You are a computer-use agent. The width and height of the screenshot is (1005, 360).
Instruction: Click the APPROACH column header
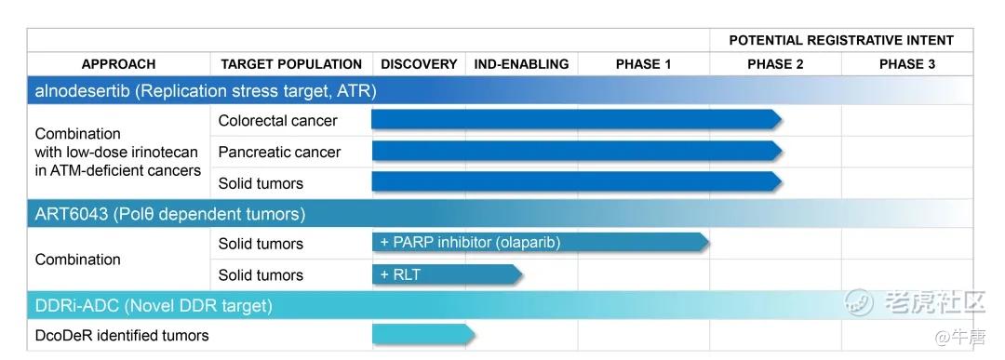point(118,64)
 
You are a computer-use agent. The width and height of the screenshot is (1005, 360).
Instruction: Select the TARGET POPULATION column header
point(291,64)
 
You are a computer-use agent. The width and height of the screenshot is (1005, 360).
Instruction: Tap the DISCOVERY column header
point(419,64)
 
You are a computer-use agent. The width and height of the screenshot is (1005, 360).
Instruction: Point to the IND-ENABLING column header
point(521,64)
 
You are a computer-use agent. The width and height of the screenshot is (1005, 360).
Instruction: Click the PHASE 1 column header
point(644,64)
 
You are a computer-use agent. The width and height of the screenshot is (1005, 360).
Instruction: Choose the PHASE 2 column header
point(775,64)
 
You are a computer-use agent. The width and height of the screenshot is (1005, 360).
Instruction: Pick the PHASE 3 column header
point(907,64)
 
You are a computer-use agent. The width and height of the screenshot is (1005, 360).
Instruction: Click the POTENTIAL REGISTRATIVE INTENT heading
point(841,40)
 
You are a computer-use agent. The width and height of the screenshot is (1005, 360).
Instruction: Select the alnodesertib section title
point(205,91)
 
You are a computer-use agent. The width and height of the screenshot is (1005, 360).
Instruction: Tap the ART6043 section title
point(170,214)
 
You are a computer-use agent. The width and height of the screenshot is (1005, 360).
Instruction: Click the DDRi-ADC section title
point(154,305)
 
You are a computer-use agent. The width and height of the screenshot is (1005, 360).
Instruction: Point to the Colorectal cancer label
point(277,120)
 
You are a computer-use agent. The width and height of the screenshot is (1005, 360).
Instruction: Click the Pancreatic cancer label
point(279,152)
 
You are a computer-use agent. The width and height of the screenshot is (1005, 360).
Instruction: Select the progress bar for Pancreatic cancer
point(577,152)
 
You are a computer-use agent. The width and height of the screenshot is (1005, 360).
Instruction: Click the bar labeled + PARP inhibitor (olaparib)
point(541,242)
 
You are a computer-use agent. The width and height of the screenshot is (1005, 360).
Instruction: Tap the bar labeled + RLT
point(448,274)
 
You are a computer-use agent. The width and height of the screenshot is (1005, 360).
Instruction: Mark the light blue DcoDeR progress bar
point(423,334)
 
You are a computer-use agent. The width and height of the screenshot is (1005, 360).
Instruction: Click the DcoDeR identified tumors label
point(122,335)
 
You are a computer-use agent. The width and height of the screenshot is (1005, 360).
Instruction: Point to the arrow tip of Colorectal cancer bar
point(782,119)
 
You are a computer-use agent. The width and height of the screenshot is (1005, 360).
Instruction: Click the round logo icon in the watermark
point(860,301)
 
